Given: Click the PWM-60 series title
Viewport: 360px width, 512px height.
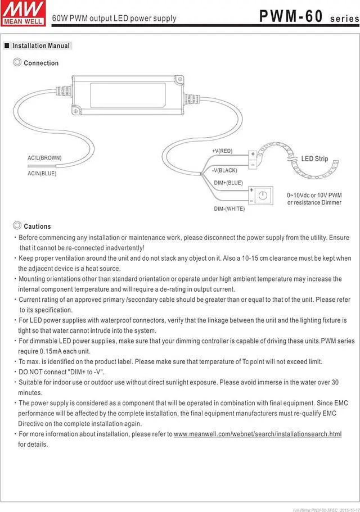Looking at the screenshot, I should coord(308,17).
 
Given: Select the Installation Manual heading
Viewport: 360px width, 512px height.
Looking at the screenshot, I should coord(41,46).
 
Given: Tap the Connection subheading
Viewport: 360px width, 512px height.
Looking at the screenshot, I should coord(41,64).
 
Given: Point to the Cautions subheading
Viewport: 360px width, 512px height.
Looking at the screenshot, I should coord(37,226).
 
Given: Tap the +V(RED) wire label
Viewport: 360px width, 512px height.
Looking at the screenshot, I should coord(222,151).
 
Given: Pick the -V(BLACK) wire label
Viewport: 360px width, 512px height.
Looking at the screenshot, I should coord(224,170).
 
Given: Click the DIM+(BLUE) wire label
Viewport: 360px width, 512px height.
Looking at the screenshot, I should coord(228,183).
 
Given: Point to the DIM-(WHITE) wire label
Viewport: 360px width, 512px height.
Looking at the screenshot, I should coord(229,209).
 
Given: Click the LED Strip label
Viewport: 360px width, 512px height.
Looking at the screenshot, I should coord(314,159).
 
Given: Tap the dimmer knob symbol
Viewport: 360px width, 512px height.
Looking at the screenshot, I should coord(263,196).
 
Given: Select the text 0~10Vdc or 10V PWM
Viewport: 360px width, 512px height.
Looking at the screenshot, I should coord(314,195).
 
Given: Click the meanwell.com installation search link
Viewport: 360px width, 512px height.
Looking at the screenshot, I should coord(258,434).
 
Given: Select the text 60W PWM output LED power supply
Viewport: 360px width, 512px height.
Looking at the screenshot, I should coord(114,19).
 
